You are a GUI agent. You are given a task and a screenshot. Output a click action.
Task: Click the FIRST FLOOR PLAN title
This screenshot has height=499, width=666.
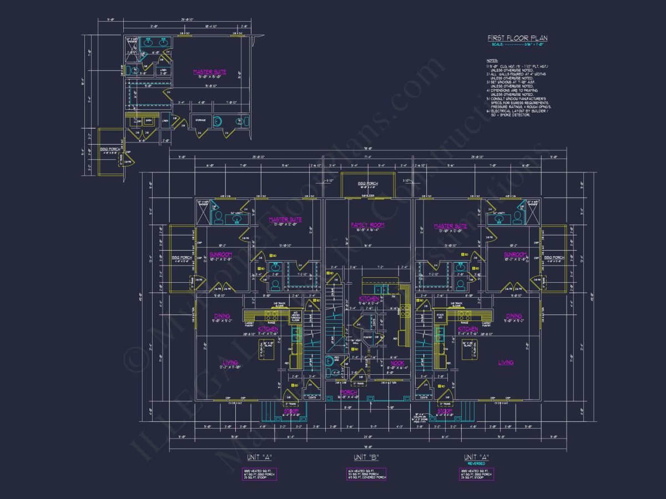(517, 38)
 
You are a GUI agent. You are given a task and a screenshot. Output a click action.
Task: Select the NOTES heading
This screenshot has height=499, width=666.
(492, 60)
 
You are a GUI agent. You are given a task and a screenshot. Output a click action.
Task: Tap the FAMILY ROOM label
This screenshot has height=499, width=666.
(367, 225)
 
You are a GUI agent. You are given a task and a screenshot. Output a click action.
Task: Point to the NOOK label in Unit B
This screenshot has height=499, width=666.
(397, 363)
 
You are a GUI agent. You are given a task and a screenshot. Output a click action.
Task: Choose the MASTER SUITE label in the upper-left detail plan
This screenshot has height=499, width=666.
(209, 72)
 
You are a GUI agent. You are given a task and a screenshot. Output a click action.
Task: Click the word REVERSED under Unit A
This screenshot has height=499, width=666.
(476, 463)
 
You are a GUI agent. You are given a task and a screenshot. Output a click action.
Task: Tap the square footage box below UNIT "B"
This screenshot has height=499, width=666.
(366, 473)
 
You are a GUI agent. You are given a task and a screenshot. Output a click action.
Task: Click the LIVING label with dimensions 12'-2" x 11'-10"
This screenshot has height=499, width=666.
(229, 363)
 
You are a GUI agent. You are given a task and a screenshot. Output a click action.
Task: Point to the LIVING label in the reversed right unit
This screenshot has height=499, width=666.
(505, 363)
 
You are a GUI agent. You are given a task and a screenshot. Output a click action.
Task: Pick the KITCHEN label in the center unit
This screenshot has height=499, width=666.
(369, 299)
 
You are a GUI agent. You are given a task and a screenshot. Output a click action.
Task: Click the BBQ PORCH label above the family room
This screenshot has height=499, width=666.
(367, 184)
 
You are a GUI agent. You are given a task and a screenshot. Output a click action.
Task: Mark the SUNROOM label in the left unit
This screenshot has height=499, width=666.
(220, 254)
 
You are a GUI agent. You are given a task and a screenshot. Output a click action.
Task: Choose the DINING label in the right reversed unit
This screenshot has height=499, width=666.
(513, 317)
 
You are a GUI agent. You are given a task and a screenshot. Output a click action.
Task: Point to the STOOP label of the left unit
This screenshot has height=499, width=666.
(291, 411)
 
